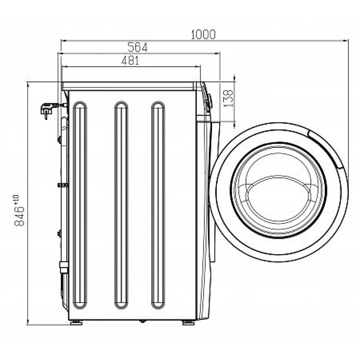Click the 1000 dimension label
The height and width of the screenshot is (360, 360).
203,35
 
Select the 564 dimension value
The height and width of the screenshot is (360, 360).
137,48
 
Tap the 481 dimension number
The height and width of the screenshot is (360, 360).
130,60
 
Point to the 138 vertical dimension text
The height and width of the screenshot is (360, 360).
229,98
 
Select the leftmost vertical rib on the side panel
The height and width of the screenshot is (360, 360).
80,205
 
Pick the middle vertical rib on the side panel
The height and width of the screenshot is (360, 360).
121,205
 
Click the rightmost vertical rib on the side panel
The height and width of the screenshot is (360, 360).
158,205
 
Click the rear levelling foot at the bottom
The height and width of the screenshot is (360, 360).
76,323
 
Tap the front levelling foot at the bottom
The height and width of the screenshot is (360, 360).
189,323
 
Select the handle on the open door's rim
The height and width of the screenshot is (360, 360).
326,149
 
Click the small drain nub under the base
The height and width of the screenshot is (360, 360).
143,321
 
